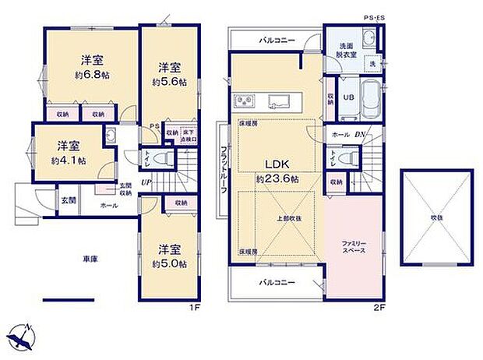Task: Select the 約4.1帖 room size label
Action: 68,160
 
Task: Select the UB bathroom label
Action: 350,97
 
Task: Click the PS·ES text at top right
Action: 375,17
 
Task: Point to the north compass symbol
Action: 23,336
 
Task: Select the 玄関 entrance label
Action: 69,199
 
